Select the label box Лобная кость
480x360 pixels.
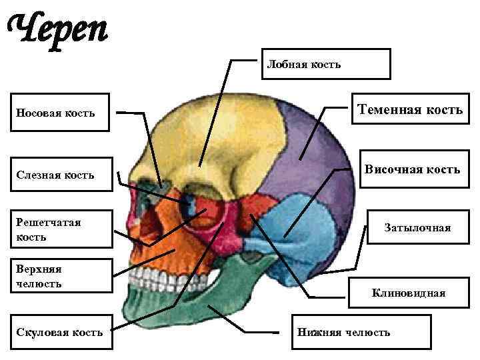[x=326, y=64]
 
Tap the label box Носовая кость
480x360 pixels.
[x=63, y=113]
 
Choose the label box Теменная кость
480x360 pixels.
[x=410, y=109]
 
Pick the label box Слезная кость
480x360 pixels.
[x=63, y=175]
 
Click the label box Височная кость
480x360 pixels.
[x=411, y=169]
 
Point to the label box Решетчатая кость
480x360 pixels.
[x=63, y=229]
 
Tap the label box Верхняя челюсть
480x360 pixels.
[x=63, y=276]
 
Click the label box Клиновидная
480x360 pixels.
[x=409, y=293]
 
